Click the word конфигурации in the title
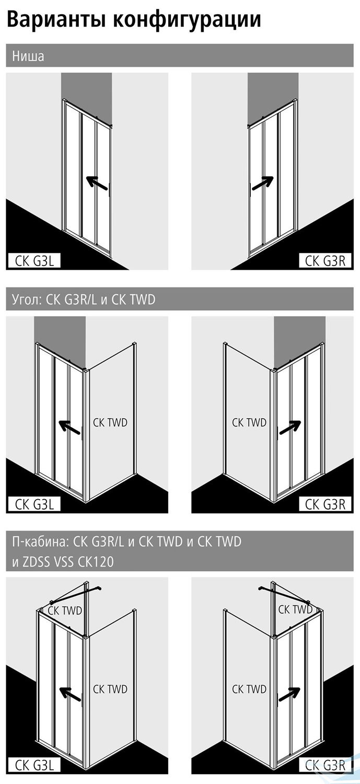(187, 20)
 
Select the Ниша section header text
(28, 55)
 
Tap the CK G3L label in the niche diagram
(34, 261)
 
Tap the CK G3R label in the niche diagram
(325, 261)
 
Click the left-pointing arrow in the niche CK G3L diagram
(97, 183)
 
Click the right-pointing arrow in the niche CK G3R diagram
(262, 183)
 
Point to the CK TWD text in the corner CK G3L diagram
(110, 422)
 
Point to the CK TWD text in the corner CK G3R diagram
(249, 422)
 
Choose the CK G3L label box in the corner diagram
(34, 505)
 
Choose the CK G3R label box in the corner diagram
(325, 505)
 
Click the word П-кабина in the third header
(39, 542)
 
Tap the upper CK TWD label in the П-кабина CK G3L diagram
(65, 611)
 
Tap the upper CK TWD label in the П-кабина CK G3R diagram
(295, 609)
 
